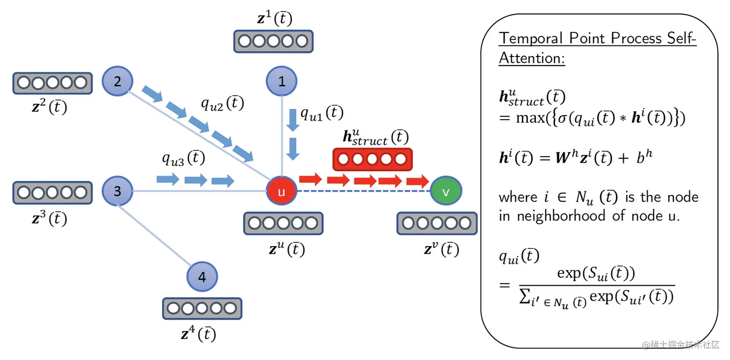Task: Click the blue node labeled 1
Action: (x=281, y=81)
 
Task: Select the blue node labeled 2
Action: (x=117, y=81)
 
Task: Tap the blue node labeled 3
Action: (x=117, y=191)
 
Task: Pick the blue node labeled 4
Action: (x=202, y=277)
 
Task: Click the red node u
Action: (x=281, y=191)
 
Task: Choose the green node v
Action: (x=446, y=191)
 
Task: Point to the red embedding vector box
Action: (x=372, y=159)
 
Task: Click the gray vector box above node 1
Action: (x=273, y=41)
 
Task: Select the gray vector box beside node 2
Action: (x=52, y=83)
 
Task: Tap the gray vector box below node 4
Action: (x=202, y=309)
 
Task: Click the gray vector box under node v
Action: (x=436, y=223)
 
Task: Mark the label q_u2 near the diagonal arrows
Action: (x=222, y=103)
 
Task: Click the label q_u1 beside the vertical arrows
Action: (x=322, y=113)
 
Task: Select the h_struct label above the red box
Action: (x=376, y=137)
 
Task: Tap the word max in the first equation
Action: (x=530, y=117)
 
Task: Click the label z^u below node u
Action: (x=287, y=249)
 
